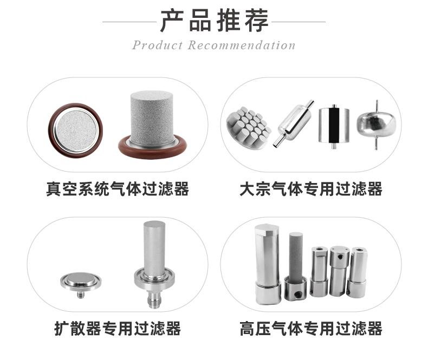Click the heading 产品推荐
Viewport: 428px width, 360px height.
coord(214,21)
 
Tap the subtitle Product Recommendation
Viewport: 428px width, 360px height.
coord(214,45)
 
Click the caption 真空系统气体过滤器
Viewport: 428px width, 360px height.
coord(118,189)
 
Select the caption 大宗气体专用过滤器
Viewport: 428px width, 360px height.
coord(311,189)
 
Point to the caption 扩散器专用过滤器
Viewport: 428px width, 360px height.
coord(118,328)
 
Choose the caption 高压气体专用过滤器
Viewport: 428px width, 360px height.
coord(311,328)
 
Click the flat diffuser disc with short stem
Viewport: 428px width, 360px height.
coord(79,282)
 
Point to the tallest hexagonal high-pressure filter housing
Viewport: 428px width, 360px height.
coord(267,260)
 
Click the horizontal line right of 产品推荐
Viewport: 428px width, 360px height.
coord(299,22)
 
